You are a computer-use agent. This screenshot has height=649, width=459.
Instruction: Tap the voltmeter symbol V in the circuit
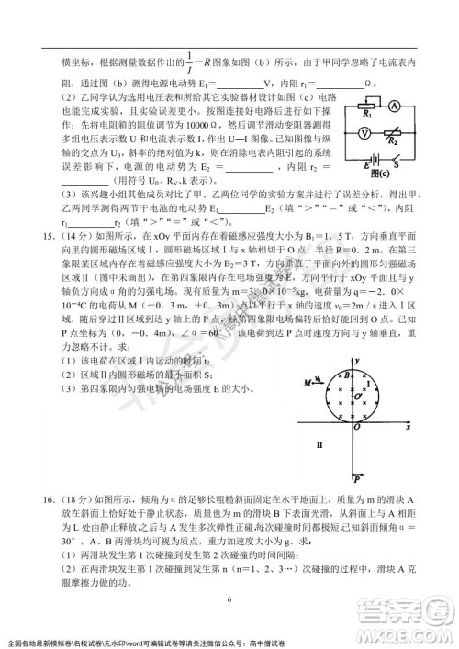[x=365, y=131]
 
